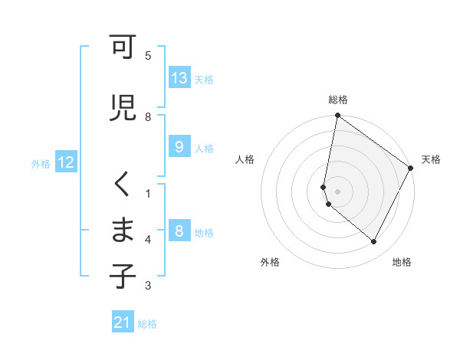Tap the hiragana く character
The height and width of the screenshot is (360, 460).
click(122, 184)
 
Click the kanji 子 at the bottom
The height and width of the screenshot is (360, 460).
click(122, 277)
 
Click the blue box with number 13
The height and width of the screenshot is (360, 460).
click(179, 78)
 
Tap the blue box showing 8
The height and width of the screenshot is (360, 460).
click(179, 231)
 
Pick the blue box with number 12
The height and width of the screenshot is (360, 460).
click(66, 162)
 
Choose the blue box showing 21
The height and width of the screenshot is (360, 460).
click(123, 322)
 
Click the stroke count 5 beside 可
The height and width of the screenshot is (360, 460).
click(148, 56)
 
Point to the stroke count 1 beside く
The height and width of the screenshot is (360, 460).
click(148, 193)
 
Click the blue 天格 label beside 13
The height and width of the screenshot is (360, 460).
click(204, 79)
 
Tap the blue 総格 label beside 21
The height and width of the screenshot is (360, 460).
click(147, 324)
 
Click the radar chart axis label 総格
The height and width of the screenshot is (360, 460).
click(338, 100)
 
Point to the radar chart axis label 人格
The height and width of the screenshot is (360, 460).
click(245, 159)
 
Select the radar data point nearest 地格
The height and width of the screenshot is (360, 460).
click(374, 242)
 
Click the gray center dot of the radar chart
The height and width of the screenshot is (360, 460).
click(337, 191)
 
